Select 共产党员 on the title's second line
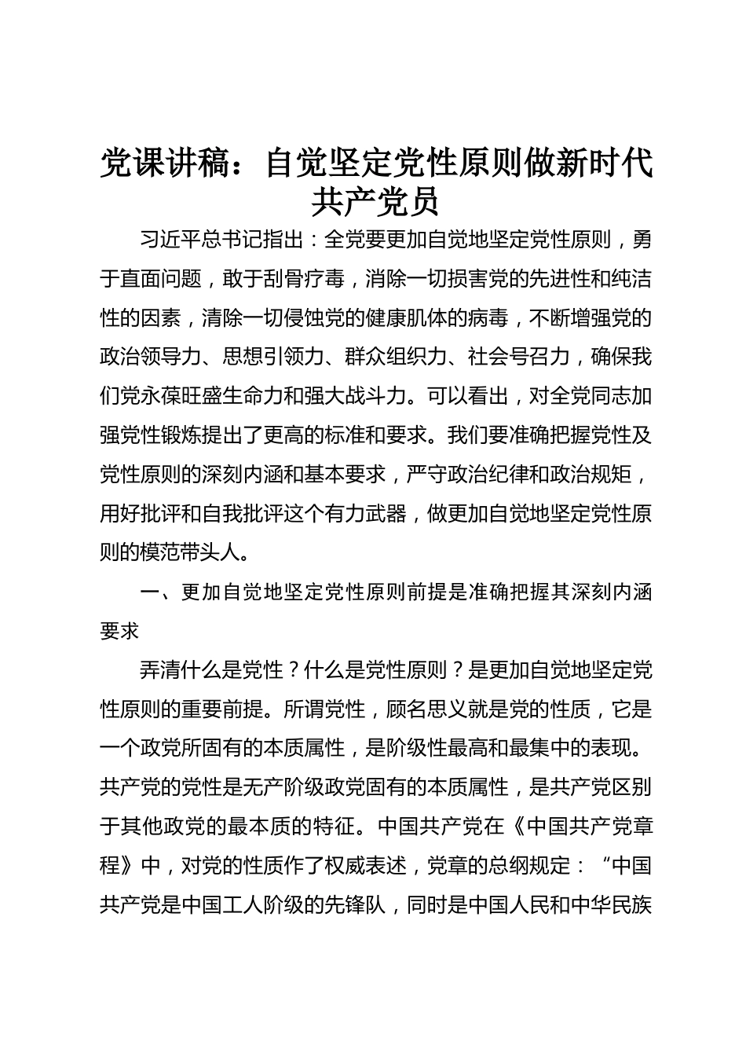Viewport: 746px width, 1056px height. coord(375,201)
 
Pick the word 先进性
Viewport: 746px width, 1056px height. coord(537,279)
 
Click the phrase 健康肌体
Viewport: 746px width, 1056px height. coord(426,318)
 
